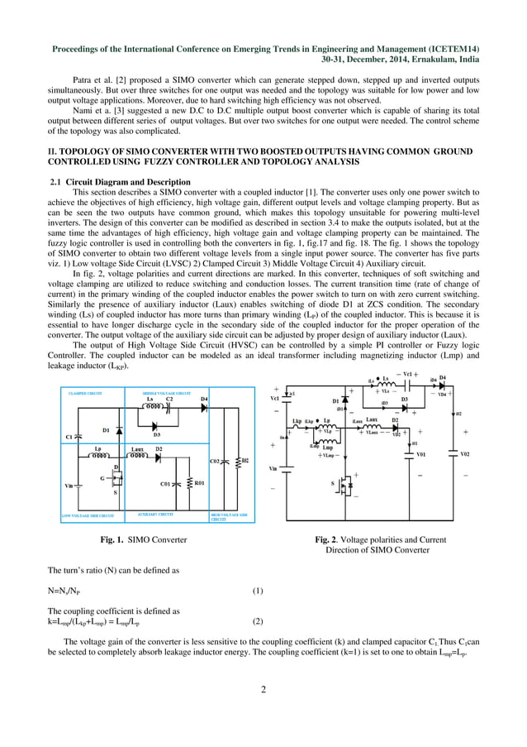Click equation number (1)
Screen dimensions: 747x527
point(257,591)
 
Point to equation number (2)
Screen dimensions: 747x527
point(257,620)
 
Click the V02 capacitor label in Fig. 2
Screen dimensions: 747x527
point(464,453)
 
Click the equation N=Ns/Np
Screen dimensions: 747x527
point(69,591)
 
